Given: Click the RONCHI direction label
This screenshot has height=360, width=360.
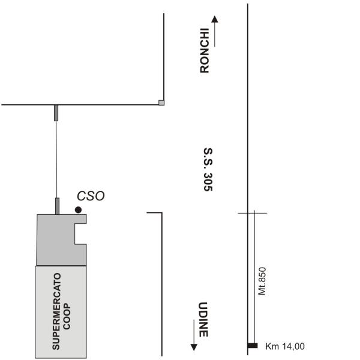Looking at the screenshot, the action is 205,50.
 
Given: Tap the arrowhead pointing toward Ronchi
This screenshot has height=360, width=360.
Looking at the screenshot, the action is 215,19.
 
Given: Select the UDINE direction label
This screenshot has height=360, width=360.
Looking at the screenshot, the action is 203,320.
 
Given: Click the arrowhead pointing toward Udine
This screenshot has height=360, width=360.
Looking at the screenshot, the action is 194,347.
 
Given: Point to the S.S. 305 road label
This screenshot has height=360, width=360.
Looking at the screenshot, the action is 208,169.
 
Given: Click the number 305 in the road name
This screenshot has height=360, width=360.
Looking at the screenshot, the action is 208,182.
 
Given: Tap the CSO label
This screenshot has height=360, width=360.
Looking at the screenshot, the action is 91,196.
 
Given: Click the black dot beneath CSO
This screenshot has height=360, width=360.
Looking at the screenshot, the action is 78,210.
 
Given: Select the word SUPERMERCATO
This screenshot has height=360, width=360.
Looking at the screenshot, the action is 56,311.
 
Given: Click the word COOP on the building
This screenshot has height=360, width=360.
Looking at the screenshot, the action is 67,316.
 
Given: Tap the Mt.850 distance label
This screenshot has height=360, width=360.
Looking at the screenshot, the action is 262,281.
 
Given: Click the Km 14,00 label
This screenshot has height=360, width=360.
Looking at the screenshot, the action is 285,346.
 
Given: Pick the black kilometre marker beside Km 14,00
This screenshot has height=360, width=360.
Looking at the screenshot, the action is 253,346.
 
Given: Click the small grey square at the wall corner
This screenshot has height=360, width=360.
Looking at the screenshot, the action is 161,103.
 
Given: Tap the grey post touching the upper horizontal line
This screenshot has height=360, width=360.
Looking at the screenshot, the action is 56,113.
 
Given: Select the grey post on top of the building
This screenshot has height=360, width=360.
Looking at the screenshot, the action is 57,206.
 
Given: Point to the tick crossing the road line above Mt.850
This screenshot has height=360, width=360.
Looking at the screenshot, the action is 253,213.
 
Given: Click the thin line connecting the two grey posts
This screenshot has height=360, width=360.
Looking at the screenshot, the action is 56,160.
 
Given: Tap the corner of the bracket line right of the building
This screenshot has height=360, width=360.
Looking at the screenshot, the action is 162,212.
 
